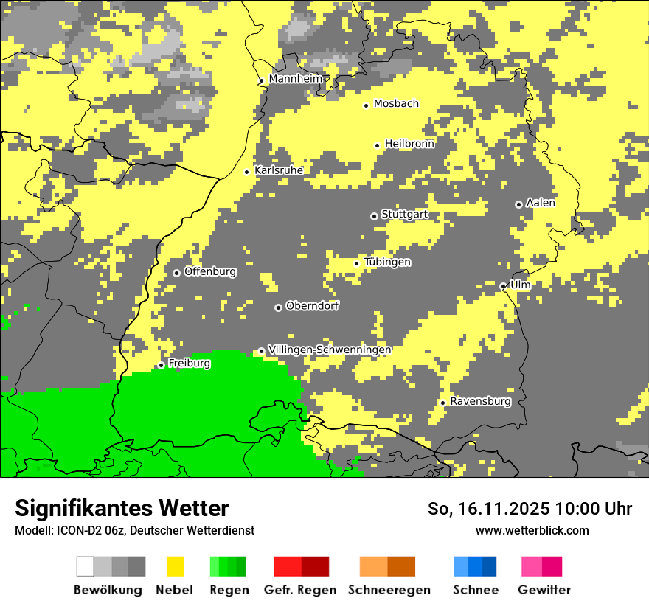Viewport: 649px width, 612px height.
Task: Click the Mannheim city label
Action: click(x=295, y=79)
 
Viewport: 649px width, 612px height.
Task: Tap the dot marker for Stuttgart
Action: click(x=374, y=216)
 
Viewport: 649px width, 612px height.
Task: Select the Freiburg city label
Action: click(x=189, y=364)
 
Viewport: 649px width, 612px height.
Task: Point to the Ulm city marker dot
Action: click(x=503, y=286)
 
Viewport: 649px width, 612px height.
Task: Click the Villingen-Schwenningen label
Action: click(x=330, y=350)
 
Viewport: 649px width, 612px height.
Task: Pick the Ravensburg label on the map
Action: click(x=480, y=402)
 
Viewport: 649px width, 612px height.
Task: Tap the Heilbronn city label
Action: click(x=409, y=144)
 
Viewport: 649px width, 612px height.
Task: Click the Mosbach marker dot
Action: click(x=366, y=105)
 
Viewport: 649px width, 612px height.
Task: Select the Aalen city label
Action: click(x=541, y=203)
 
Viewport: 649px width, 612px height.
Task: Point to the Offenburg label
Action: click(x=210, y=271)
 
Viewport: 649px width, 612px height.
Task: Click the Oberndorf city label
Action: click(x=312, y=306)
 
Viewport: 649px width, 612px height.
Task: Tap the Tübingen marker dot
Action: click(x=357, y=263)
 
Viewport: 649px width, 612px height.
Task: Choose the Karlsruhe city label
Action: click(x=279, y=170)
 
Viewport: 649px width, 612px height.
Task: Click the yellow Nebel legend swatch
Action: click(x=175, y=566)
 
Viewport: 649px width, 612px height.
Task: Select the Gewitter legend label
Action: click(x=544, y=590)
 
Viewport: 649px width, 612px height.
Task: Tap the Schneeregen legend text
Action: click(x=389, y=590)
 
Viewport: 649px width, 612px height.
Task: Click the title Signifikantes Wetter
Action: click(x=122, y=508)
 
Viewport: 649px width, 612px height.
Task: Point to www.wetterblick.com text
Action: click(x=532, y=530)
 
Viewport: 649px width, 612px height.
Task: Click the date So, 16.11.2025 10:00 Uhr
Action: click(x=530, y=509)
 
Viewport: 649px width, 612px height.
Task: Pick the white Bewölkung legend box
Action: click(x=86, y=566)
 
